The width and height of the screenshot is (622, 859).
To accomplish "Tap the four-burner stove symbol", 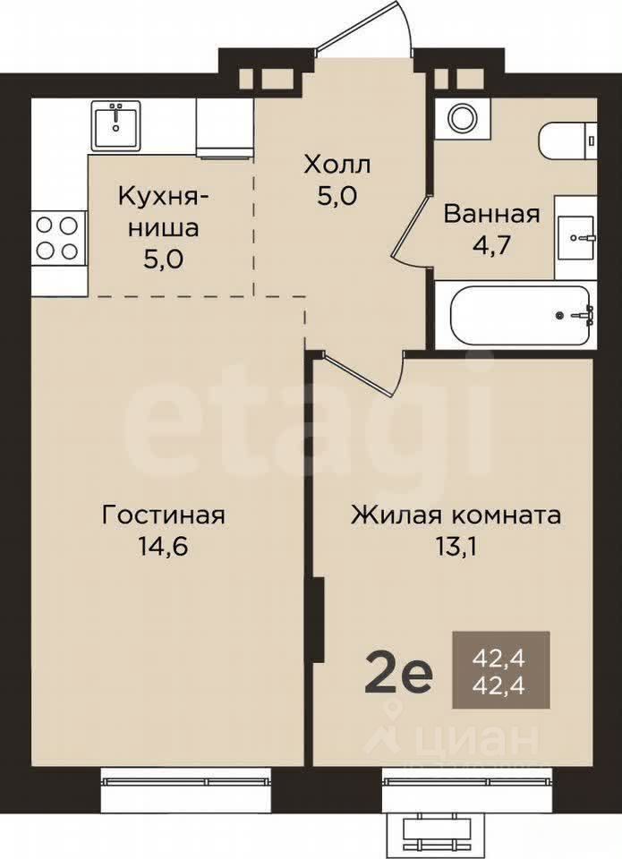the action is coord(55,238).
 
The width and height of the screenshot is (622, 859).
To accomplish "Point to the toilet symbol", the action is coord(567,140).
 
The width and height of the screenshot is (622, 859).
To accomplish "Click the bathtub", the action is coord(520,315).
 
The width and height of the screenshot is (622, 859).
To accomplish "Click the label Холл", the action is coord(337,165).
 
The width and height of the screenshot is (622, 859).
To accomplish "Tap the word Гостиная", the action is coord(163,515).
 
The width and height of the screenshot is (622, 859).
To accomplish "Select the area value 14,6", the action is coord(163,546).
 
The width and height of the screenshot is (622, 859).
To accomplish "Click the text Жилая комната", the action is coord(456,515).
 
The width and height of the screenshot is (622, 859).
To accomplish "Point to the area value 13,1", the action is coord(456,546).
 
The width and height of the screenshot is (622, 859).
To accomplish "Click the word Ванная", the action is coord(491,214).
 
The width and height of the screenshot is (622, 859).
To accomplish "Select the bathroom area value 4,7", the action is coord(491,245).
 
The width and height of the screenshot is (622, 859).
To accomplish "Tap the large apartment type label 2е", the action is coord(398,677).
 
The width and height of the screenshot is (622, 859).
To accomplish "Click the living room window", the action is coord(186,780).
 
